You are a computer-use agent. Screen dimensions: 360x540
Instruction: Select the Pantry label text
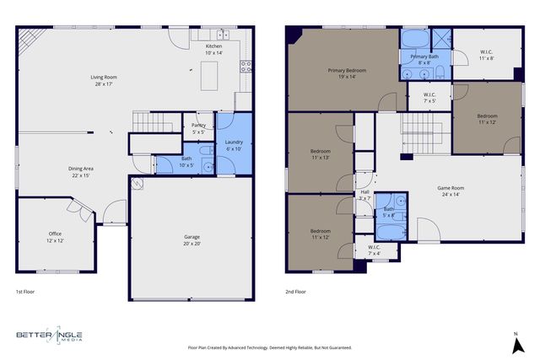[x=199, y=125]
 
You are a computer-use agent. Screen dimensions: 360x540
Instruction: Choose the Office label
[x=55, y=234]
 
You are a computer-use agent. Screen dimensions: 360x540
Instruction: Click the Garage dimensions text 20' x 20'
[x=192, y=244]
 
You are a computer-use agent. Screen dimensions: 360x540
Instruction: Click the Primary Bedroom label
[x=346, y=71]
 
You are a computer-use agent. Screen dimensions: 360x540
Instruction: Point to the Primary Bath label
[x=424, y=56]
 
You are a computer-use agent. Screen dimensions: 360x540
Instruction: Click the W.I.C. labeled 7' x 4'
[x=375, y=250]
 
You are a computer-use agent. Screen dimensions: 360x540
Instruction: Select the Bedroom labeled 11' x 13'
[x=320, y=154]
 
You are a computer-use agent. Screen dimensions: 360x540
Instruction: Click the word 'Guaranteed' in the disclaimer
[x=335, y=347]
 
